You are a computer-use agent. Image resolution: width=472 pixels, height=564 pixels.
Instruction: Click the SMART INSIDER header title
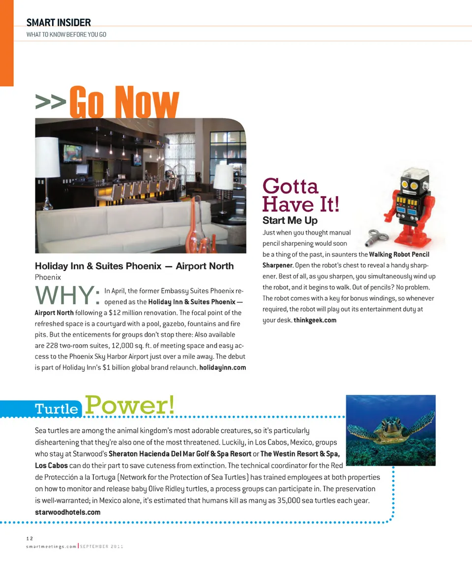[x=59, y=22]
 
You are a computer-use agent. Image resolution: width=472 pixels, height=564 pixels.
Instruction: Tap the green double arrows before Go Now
[x=51, y=101]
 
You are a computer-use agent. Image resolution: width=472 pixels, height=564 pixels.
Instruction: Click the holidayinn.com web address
[x=222, y=368]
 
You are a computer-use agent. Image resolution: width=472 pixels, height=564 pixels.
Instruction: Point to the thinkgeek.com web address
[x=315, y=320]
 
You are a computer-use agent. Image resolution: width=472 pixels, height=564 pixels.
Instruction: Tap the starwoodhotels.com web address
[x=67, y=512]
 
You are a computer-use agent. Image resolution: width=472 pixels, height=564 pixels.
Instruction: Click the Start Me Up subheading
[x=290, y=220]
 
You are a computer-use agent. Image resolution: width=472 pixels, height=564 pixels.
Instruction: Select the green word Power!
[x=130, y=405]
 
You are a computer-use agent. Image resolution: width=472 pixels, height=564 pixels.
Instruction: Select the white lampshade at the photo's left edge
[x=47, y=157]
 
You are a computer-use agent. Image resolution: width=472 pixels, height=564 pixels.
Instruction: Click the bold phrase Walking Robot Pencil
[x=399, y=254]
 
